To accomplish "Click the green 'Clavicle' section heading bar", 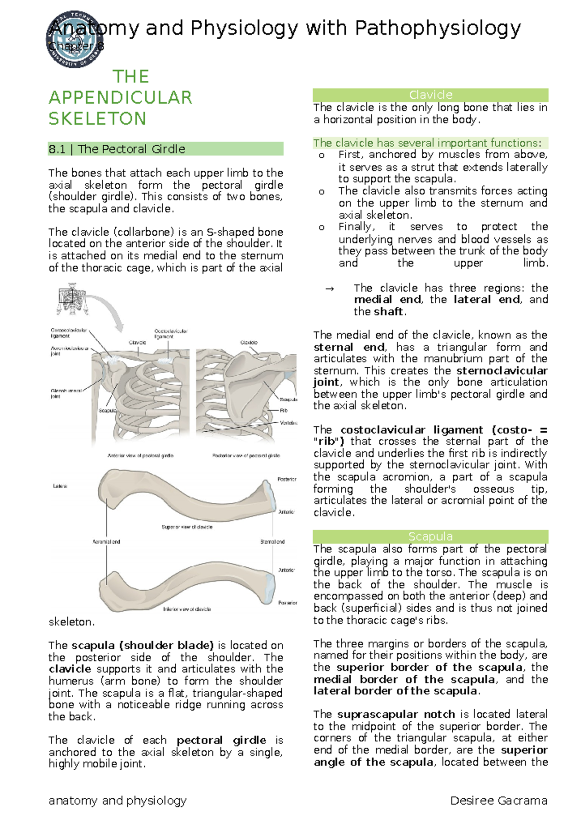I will click(x=430, y=95).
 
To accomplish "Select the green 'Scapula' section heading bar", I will click(x=430, y=536).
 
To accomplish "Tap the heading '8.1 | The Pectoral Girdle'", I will click(x=117, y=149).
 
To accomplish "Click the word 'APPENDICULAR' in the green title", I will click(x=121, y=98).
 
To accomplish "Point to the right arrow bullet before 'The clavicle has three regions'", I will click(x=330, y=289).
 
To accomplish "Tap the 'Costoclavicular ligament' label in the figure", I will click(x=170, y=334).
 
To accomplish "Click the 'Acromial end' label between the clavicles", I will click(x=107, y=542).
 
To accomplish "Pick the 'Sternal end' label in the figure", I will click(x=272, y=542).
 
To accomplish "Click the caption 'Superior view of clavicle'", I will click(x=187, y=527).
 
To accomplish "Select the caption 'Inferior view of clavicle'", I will click(x=187, y=609).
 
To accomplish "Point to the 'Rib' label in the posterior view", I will click(x=284, y=410).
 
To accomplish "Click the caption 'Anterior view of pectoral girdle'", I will click(x=140, y=456).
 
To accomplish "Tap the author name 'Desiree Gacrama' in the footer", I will click(x=499, y=801).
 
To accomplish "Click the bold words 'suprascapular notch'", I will click(x=396, y=714).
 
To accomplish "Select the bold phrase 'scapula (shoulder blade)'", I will click(x=143, y=645).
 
